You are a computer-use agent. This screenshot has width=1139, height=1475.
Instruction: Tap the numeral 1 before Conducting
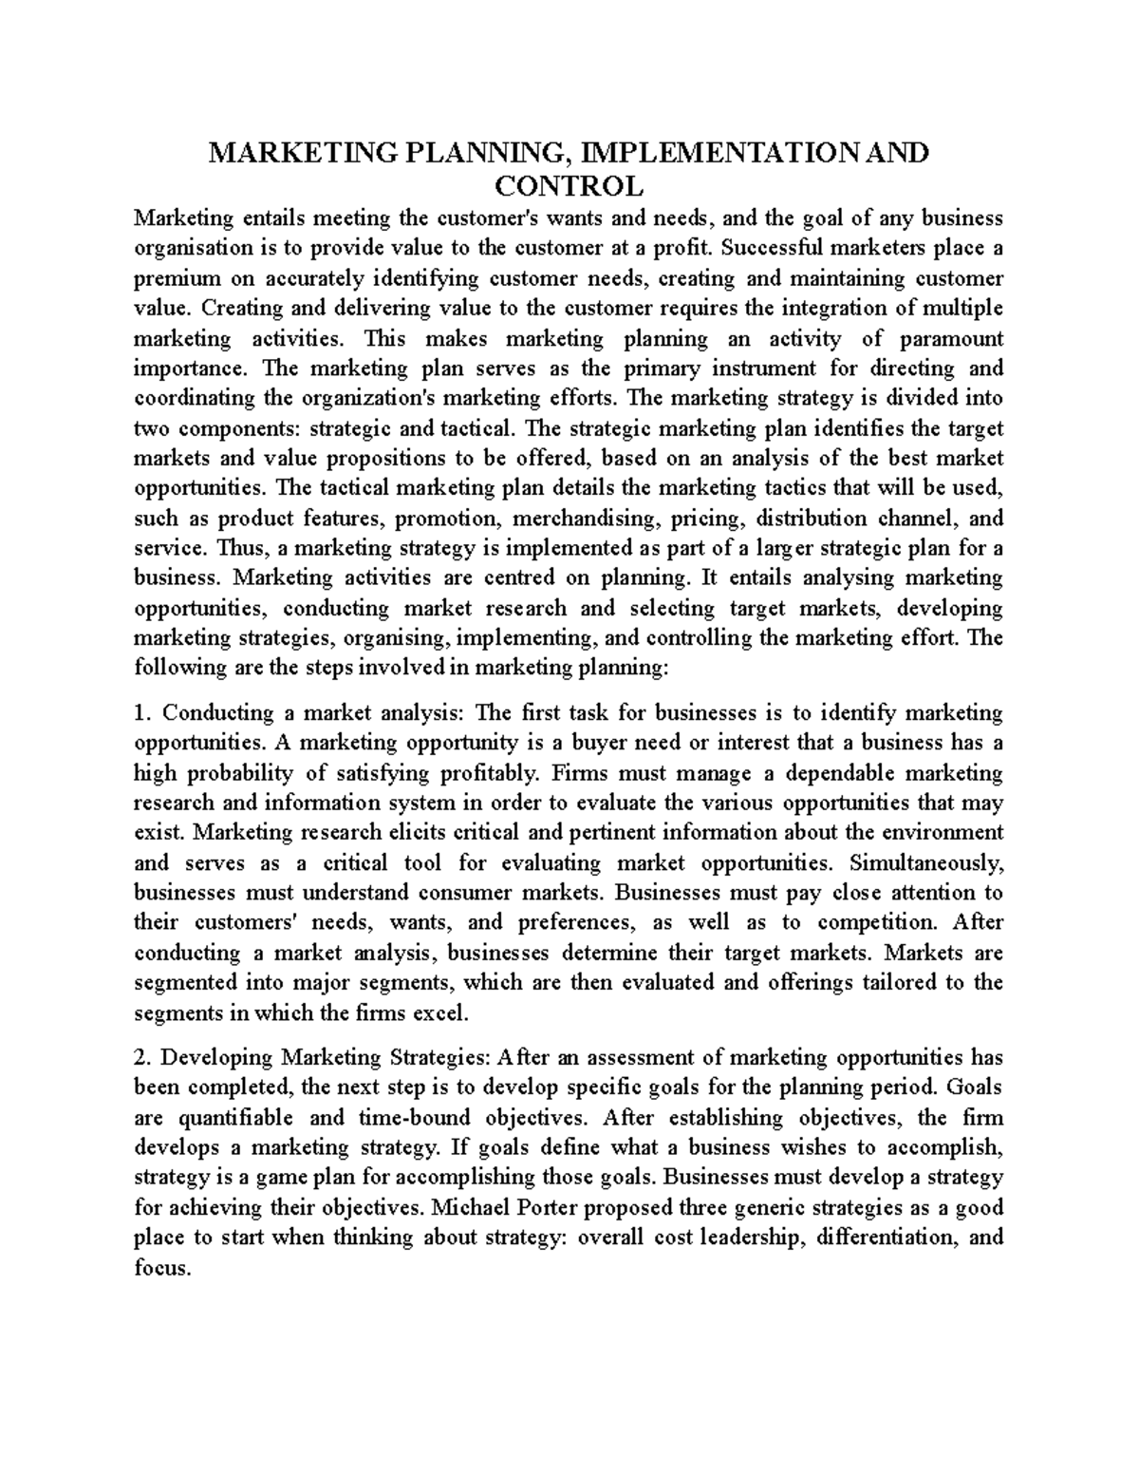140,712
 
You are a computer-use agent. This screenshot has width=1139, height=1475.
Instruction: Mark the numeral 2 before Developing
140,1057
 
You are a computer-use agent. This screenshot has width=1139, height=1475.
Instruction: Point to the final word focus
162,1267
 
